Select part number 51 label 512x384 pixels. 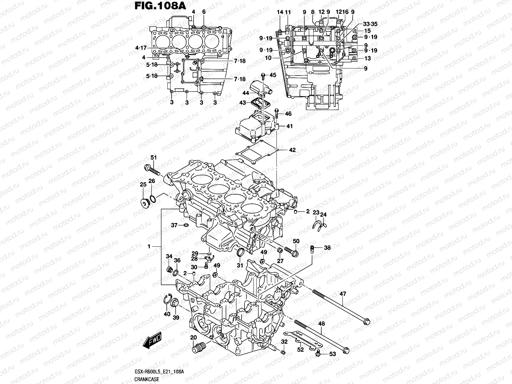click(x=154, y=157)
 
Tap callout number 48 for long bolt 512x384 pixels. click(x=321, y=324)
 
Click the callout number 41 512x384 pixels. click(x=290, y=126)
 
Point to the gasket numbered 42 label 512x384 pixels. click(x=292, y=150)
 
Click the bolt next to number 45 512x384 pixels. click(x=263, y=76)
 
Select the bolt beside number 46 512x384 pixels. click(x=277, y=113)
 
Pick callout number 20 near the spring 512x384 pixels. click(x=193, y=337)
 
